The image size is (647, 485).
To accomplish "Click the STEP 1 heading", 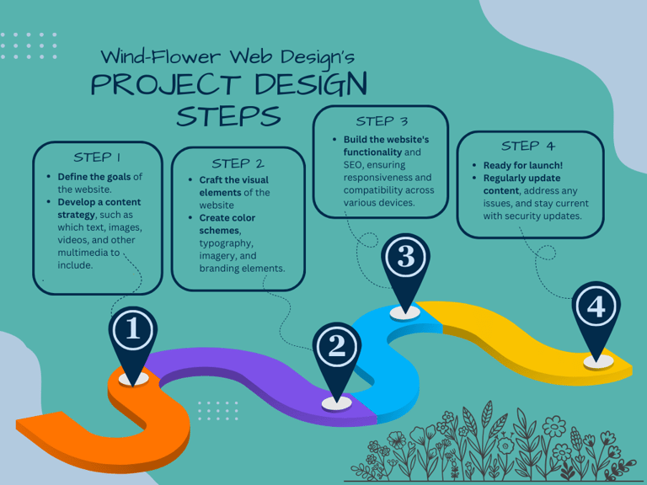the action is coord(97,157).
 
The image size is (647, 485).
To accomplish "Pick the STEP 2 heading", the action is coord(238,163).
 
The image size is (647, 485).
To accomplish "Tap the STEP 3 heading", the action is coord(382,121).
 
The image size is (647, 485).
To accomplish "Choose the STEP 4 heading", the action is coord(528,146).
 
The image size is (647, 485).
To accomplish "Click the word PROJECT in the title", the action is coord(165,85).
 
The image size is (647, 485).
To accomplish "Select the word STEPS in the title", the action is coord(228,116).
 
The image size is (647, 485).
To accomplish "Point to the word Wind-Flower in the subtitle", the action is coord(161,56).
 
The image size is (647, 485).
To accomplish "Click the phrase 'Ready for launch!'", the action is coord(523,165).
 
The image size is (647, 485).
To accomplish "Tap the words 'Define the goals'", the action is coord(94,177).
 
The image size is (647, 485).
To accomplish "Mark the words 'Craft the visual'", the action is coord(233,180).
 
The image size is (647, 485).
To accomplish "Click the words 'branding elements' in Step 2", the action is coord(242,269).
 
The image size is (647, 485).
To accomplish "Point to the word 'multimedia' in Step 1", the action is coord(83,253).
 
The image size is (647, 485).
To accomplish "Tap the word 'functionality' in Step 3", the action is coord(372,152).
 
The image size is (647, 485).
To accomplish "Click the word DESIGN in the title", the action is coord(311,85).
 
